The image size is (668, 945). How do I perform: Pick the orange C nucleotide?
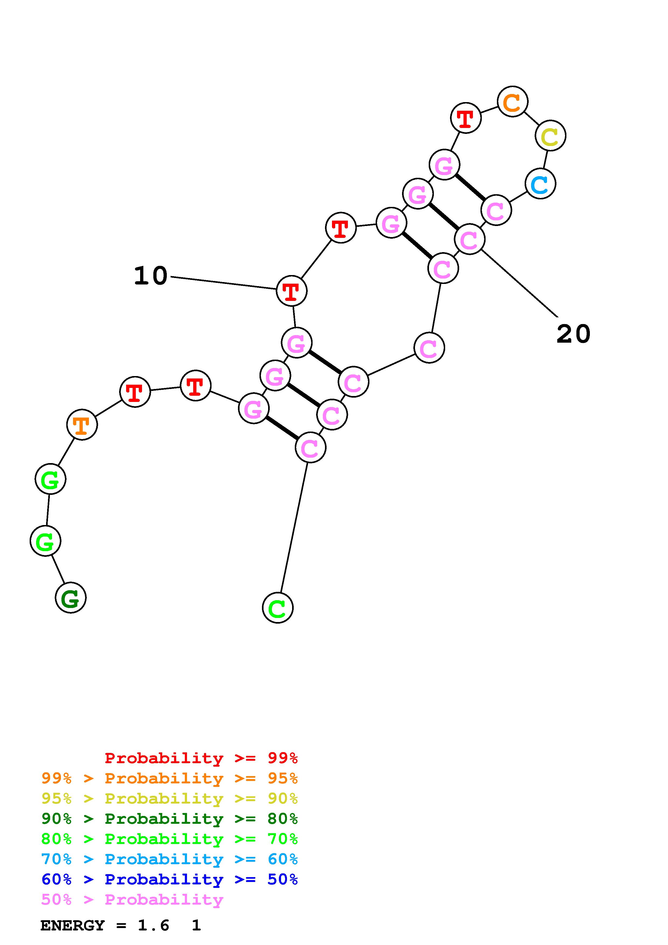coord(513,102)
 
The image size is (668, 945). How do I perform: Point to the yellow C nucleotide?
coord(550,136)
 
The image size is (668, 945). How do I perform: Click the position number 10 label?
coord(151,276)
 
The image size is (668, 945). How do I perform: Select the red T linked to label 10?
coord(291,291)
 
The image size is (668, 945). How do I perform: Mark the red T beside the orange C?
coord(466,118)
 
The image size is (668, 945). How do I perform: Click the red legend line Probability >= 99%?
coord(201,758)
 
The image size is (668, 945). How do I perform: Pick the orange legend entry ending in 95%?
coord(169,778)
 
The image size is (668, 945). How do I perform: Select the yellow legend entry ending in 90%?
coord(169,798)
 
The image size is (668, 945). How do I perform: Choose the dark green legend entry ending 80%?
coord(169,819)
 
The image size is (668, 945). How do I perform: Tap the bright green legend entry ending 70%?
coord(169,839)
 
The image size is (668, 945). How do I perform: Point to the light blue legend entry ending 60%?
coord(169,859)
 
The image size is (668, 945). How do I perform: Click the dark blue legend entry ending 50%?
coord(169,879)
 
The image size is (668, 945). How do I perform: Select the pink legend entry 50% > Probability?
coord(132,899)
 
